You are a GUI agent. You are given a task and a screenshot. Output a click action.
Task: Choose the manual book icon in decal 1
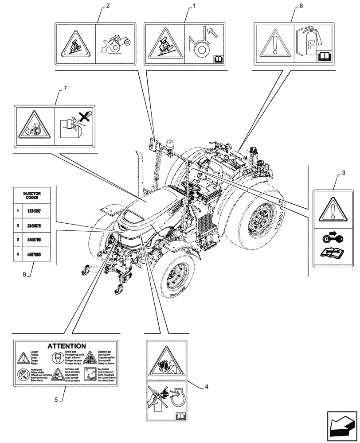tap(219, 59)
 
